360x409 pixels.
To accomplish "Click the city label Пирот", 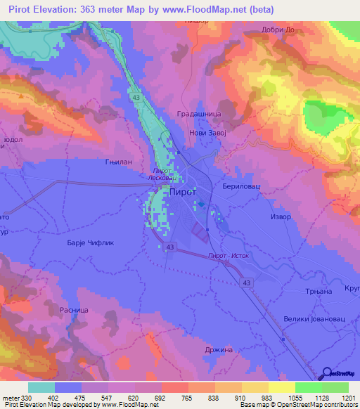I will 184,191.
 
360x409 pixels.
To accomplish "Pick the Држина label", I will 217,349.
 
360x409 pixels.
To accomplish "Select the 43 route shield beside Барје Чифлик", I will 171,247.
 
